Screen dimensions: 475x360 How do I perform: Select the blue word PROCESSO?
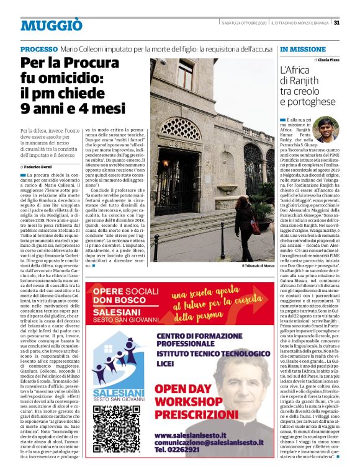tap(39, 49)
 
